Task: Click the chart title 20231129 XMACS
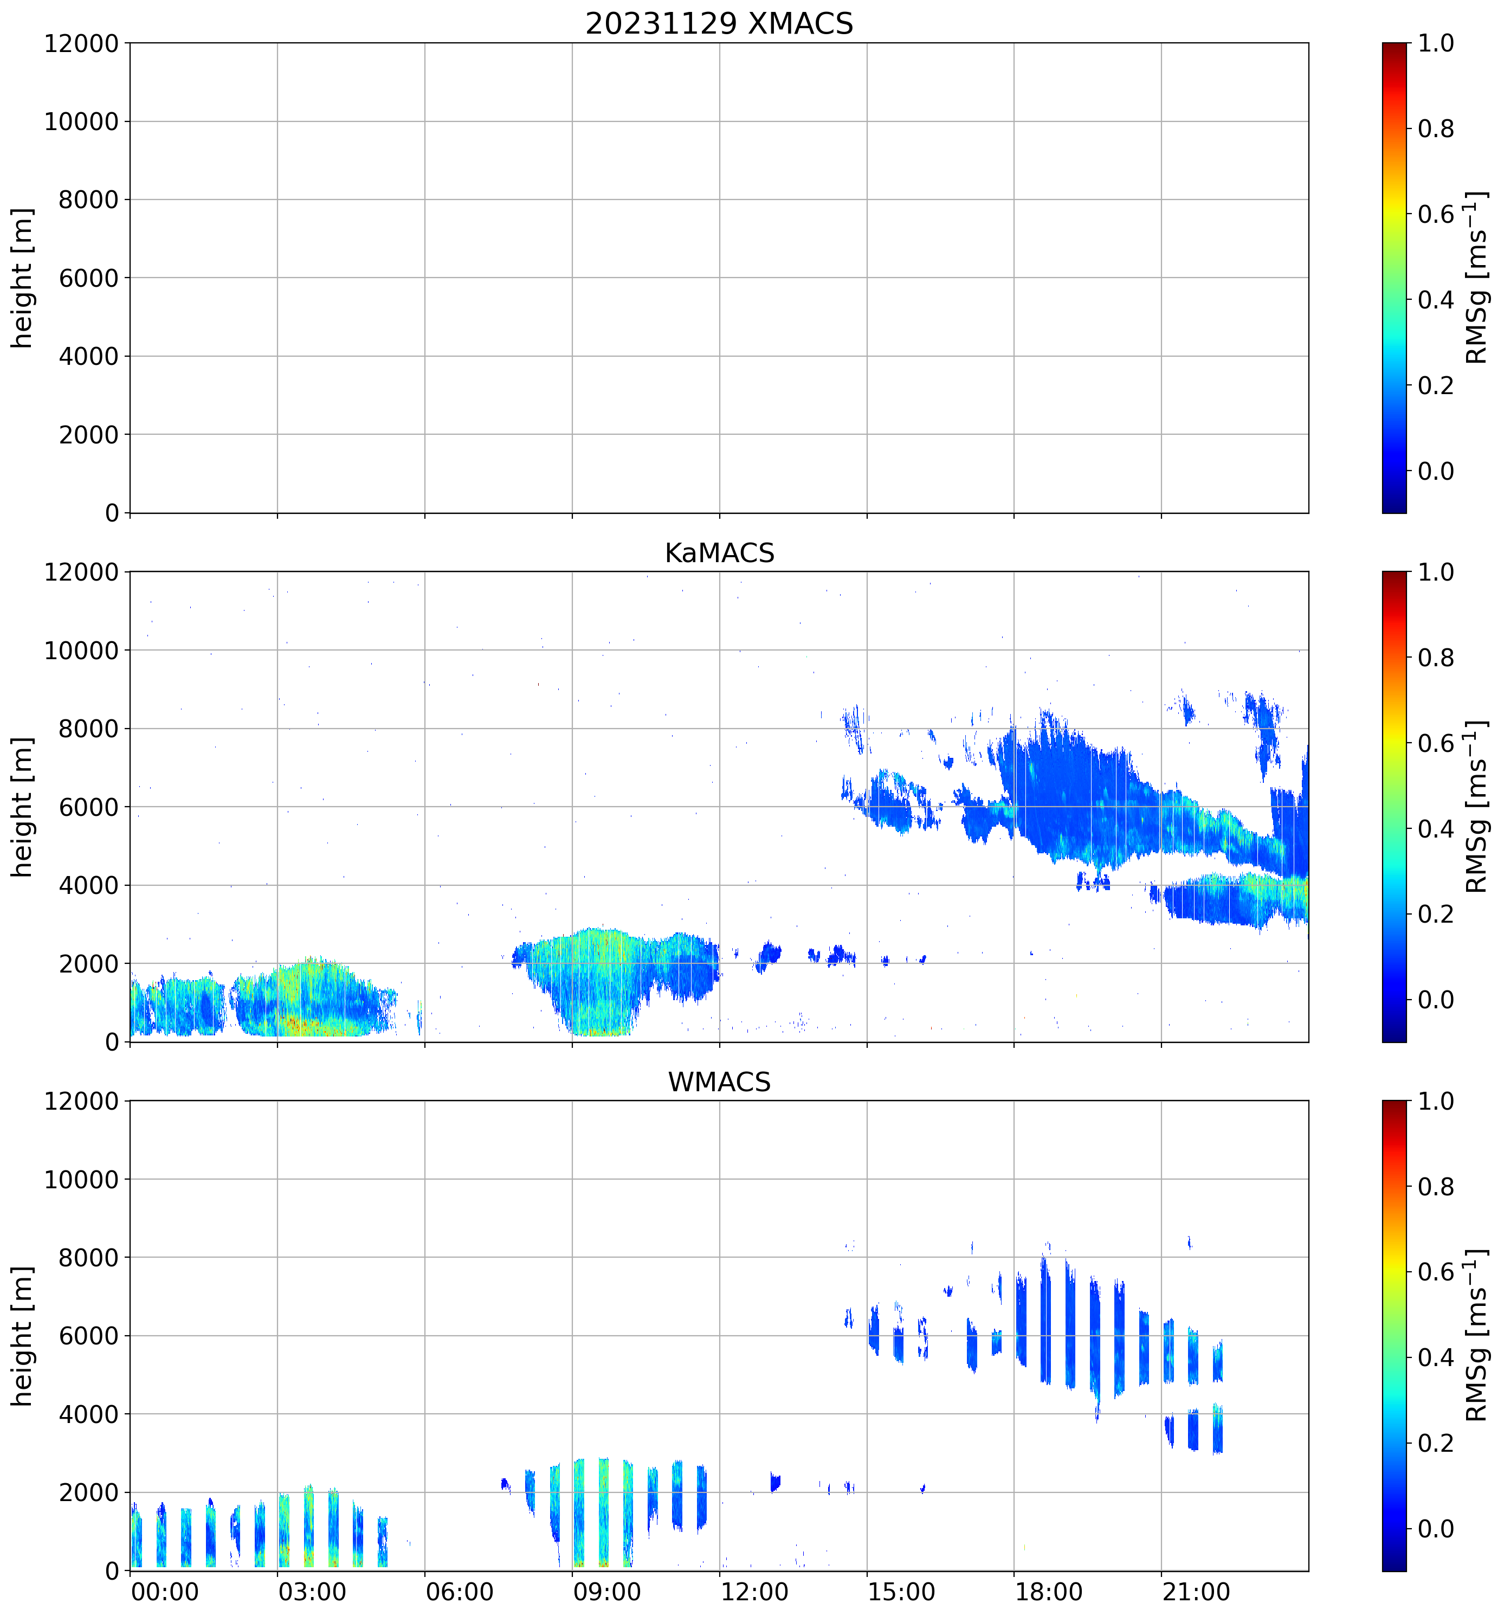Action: (719, 23)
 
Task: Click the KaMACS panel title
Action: (719, 553)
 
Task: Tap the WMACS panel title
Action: (719, 1082)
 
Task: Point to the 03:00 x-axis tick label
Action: (312, 1592)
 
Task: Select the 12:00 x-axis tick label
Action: (754, 1592)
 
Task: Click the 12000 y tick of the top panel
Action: (81, 43)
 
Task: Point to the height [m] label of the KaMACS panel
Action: (23, 807)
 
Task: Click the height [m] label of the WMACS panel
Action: (23, 1336)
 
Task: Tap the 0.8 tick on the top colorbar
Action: (1436, 128)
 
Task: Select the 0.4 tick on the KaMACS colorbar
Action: (1436, 828)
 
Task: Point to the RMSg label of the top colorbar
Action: (1476, 278)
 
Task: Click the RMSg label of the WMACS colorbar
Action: (1476, 1336)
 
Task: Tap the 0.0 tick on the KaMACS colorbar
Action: (1436, 1000)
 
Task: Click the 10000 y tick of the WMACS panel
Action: (81, 1180)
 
